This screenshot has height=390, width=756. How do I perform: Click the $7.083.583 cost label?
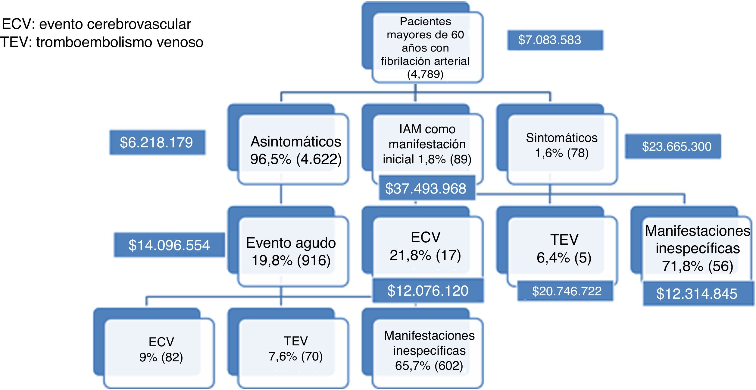[x=555, y=40]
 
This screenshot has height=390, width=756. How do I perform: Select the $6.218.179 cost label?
[x=157, y=143]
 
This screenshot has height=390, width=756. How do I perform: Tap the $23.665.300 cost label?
[x=673, y=146]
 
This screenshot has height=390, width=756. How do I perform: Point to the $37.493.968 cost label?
[x=426, y=188]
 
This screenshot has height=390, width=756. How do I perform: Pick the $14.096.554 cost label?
[x=169, y=245]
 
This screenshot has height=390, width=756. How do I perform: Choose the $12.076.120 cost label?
[x=428, y=291]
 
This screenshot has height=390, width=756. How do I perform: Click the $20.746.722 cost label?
[x=565, y=291]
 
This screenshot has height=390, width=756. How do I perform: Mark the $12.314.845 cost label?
[x=698, y=294]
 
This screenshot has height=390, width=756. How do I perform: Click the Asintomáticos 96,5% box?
[x=295, y=150]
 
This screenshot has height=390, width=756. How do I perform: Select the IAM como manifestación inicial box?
[x=427, y=144]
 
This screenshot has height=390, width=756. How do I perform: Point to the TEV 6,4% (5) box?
[x=563, y=248]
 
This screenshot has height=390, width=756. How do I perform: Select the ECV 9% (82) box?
[x=161, y=350]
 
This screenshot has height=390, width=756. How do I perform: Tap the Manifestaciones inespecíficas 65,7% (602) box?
[x=429, y=350]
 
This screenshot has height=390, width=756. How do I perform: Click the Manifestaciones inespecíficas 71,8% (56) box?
[x=697, y=248]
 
